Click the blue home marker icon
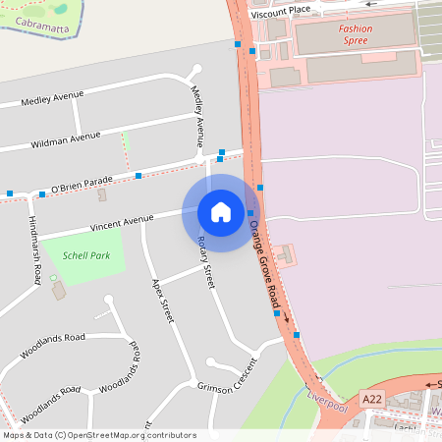pyautogui.click(x=221, y=212)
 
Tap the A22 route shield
pyautogui.click(x=371, y=399)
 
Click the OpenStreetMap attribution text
pyautogui.click(x=98, y=435)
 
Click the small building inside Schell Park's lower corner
pyautogui.click(x=58, y=291)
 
